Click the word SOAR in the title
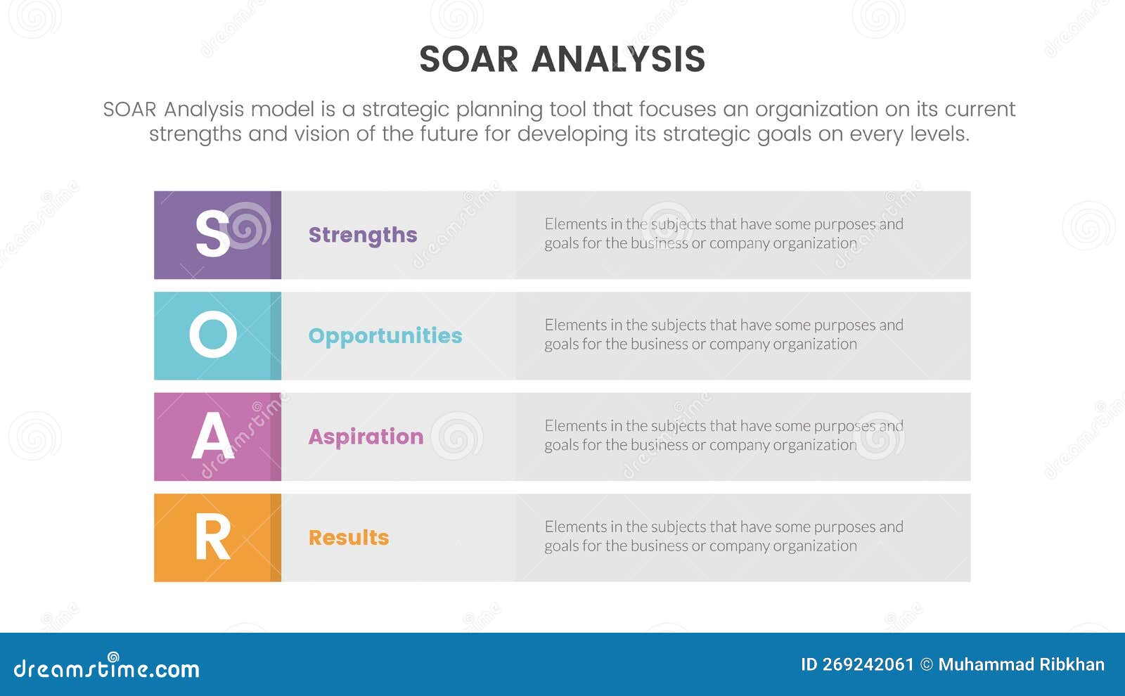click(468, 59)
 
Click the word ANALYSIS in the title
click(618, 59)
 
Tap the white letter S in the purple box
click(212, 235)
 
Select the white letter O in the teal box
click(212, 335)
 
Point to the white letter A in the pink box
click(212, 437)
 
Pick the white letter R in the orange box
click(212, 538)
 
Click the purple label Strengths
click(363, 235)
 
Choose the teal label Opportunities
click(385, 336)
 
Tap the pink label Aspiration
click(366, 437)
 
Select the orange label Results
click(349, 538)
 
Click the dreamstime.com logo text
click(107, 669)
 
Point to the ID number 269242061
click(867, 664)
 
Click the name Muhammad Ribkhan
click(1021, 664)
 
